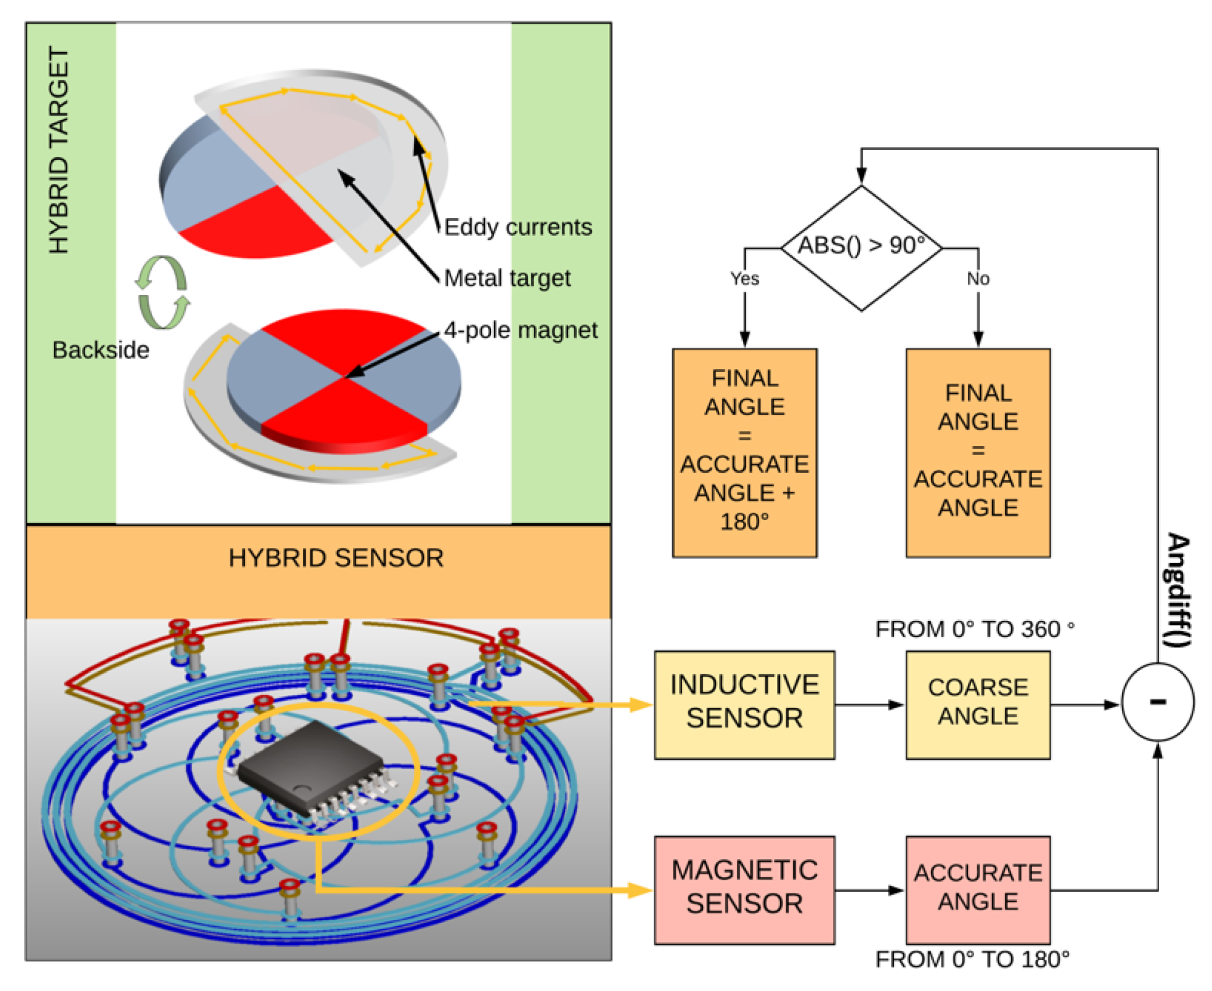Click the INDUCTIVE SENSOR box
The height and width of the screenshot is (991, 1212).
[743, 704]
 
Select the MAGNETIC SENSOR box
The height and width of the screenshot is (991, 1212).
[743, 889]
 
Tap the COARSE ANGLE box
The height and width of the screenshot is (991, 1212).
[977, 704]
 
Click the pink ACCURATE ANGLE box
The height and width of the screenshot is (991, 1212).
[977, 889]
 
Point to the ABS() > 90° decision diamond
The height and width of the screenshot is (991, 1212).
[861, 248]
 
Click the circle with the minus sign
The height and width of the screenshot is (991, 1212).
[1157, 702]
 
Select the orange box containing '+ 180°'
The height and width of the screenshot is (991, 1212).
[744, 452]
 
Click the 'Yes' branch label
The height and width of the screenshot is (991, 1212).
[744, 279]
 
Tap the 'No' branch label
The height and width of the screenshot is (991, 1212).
[977, 279]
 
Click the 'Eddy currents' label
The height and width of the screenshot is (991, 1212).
[517, 227]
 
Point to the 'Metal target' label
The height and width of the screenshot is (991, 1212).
[507, 278]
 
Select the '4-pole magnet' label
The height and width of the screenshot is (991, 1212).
[520, 330]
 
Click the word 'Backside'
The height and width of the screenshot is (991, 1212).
[101, 350]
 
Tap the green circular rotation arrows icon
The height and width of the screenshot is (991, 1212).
[162, 293]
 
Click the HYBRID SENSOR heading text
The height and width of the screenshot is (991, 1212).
[336, 558]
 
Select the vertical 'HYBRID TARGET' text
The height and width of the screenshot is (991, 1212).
[59, 150]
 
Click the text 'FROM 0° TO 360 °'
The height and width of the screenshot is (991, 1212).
[973, 629]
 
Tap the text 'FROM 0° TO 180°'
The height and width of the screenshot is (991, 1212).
[971, 959]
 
